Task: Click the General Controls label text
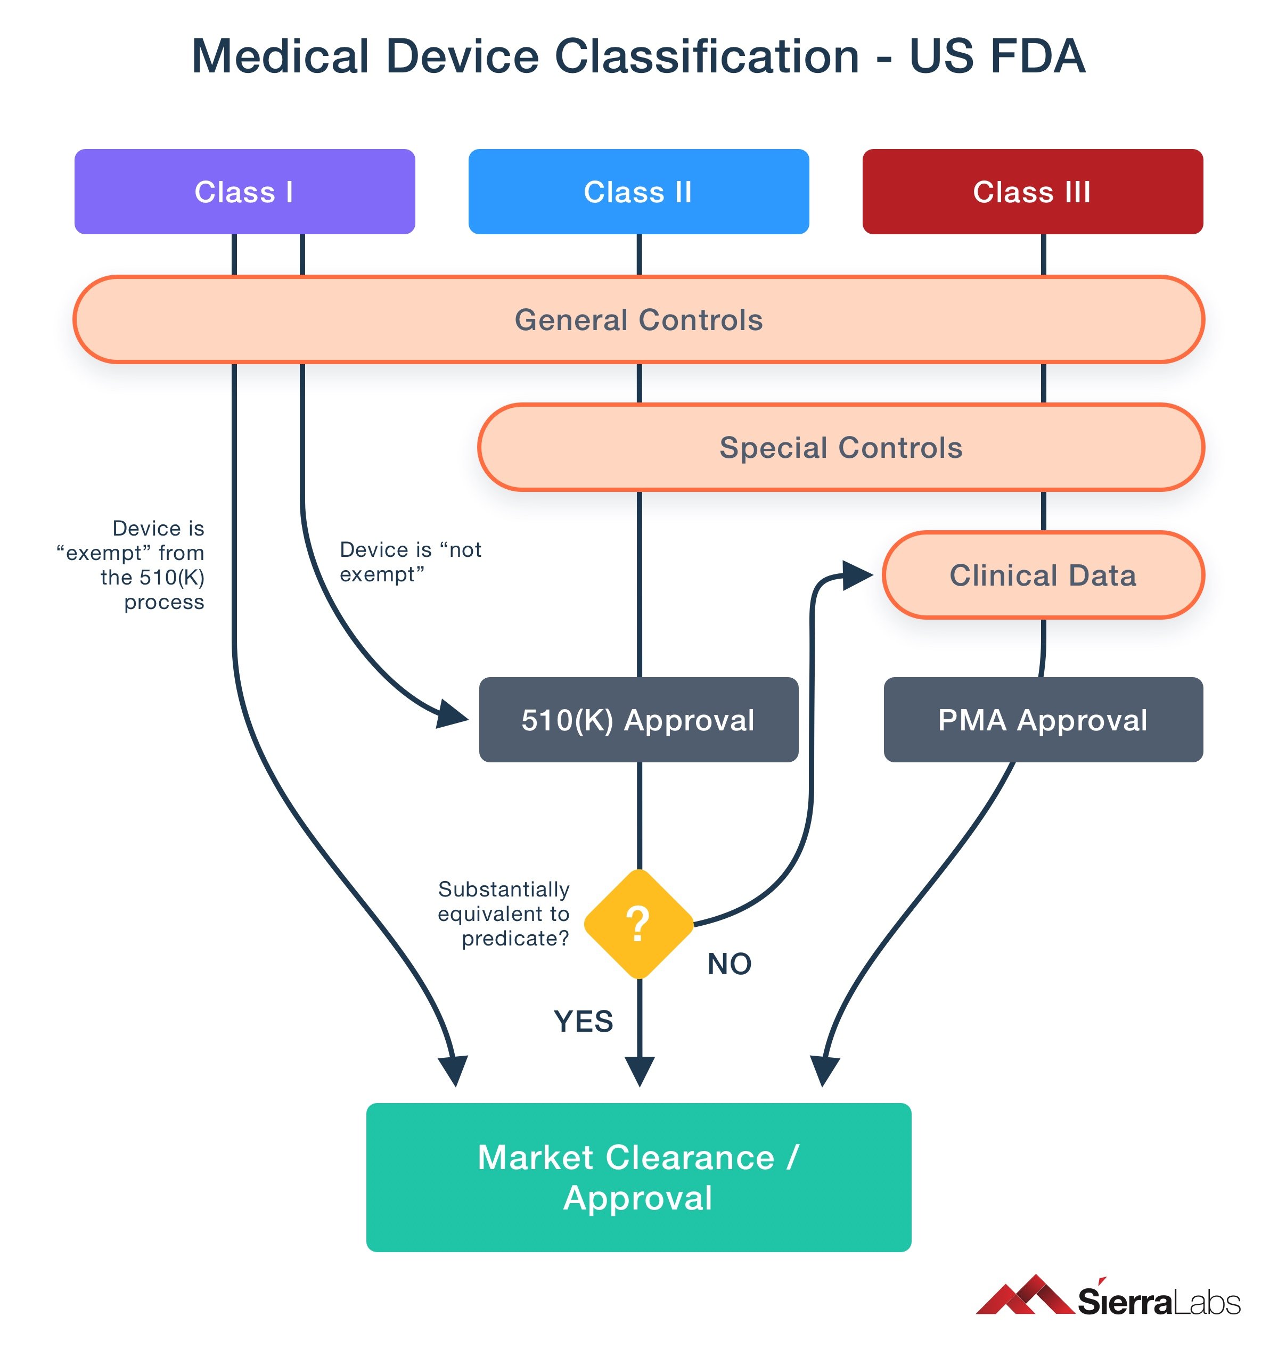coord(638,320)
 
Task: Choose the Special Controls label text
coord(841,447)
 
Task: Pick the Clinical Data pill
coord(1043,575)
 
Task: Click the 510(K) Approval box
coord(638,720)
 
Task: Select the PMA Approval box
coord(1043,720)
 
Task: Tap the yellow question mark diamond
coord(638,924)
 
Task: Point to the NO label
coord(730,964)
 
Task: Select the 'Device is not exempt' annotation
coord(410,562)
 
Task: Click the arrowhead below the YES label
coord(640,1071)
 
